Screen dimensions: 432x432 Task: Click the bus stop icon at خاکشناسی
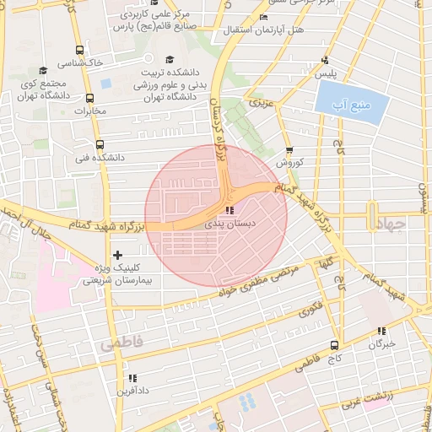point(78,50)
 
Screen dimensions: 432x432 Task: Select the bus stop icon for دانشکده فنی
point(100,144)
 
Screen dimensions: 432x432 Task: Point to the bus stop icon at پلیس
point(325,61)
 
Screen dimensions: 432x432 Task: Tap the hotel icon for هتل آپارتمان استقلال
point(264,18)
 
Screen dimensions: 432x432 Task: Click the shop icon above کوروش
point(289,150)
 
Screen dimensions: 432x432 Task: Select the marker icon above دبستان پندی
point(229,211)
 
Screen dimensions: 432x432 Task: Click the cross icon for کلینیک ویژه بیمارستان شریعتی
point(116,255)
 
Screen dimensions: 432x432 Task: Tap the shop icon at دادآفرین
point(131,378)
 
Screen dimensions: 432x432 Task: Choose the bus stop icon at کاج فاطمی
point(335,345)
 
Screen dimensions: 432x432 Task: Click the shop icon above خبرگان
point(381,331)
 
